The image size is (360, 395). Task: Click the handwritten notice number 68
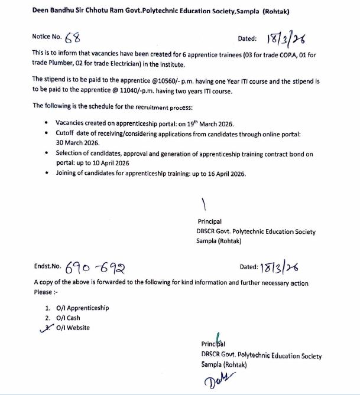73,38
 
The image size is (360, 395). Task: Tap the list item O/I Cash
68,318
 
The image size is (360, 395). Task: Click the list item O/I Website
73,328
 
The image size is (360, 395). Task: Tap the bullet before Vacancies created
47,123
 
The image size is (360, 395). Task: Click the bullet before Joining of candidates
47,174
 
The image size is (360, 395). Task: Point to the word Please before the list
43,292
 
